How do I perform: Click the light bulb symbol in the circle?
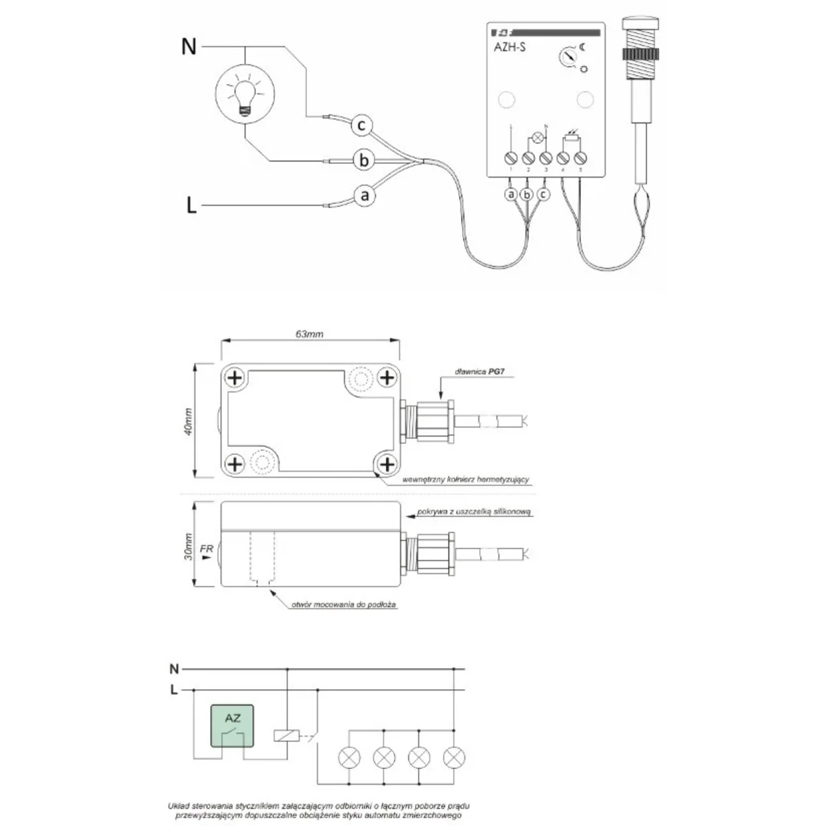(244, 92)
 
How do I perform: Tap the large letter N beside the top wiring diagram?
(189, 47)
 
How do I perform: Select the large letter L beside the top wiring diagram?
(191, 205)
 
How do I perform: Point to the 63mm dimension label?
(309, 335)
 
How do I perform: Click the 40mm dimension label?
(189, 421)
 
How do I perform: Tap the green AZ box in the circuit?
(233, 726)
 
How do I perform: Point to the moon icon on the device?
(582, 47)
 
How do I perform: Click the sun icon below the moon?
(584, 68)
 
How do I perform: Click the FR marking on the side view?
(206, 549)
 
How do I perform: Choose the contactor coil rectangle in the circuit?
(286, 736)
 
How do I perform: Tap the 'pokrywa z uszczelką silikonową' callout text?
(474, 512)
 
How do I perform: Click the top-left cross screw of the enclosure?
(235, 377)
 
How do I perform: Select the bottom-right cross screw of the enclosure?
(387, 463)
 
